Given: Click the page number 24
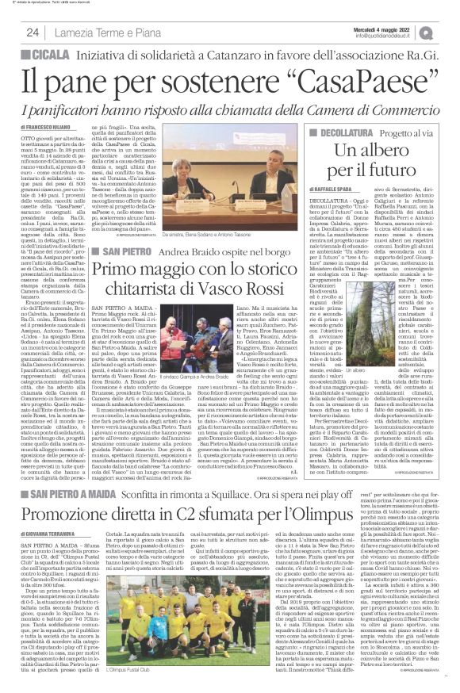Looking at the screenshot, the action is pos(33,33).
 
